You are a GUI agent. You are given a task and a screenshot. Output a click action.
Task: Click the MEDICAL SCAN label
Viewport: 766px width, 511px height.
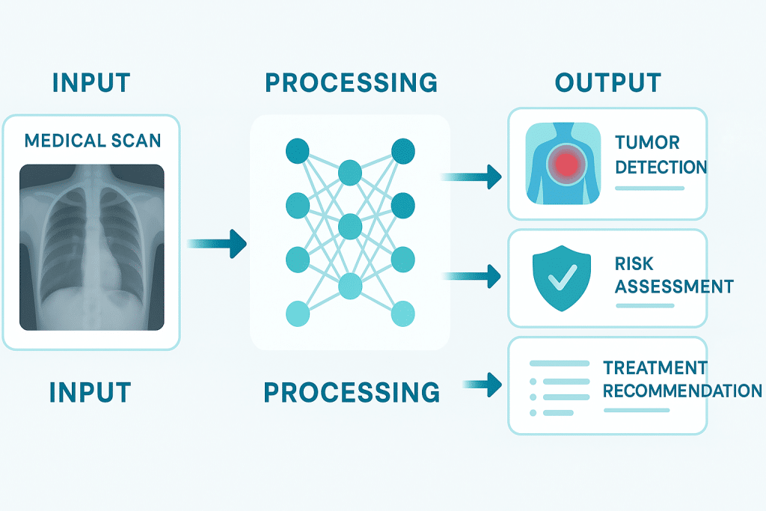[93, 140]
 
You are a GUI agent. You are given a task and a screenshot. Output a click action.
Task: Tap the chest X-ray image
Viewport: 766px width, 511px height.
[92, 247]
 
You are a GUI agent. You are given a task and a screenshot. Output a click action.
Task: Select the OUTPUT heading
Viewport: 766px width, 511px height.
[607, 82]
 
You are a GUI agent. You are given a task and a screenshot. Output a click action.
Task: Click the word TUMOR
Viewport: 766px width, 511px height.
[647, 143]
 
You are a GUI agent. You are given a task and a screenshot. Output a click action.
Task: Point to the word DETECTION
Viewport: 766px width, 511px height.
[661, 166]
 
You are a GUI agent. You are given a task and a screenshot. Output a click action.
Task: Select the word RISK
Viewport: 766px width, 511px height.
[634, 263]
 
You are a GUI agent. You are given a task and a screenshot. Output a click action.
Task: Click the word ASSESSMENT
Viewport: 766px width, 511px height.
[673, 287]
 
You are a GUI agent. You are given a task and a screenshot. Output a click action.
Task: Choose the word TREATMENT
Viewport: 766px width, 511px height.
[655, 368]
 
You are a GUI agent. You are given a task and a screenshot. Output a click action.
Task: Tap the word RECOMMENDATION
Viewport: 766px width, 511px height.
[681, 391]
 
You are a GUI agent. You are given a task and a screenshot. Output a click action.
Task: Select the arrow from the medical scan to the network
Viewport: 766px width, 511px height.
[216, 243]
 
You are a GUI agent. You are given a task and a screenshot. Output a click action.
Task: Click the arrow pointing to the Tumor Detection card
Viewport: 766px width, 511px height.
[471, 177]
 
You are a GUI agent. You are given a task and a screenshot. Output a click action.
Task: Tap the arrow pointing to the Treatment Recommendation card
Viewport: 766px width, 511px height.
[482, 385]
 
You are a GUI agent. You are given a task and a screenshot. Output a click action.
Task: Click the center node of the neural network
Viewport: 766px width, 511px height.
[349, 225]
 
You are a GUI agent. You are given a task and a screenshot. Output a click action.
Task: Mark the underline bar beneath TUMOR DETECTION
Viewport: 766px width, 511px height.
[649, 188]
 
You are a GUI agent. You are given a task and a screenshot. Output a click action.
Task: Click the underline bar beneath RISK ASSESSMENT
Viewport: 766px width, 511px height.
[644, 305]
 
